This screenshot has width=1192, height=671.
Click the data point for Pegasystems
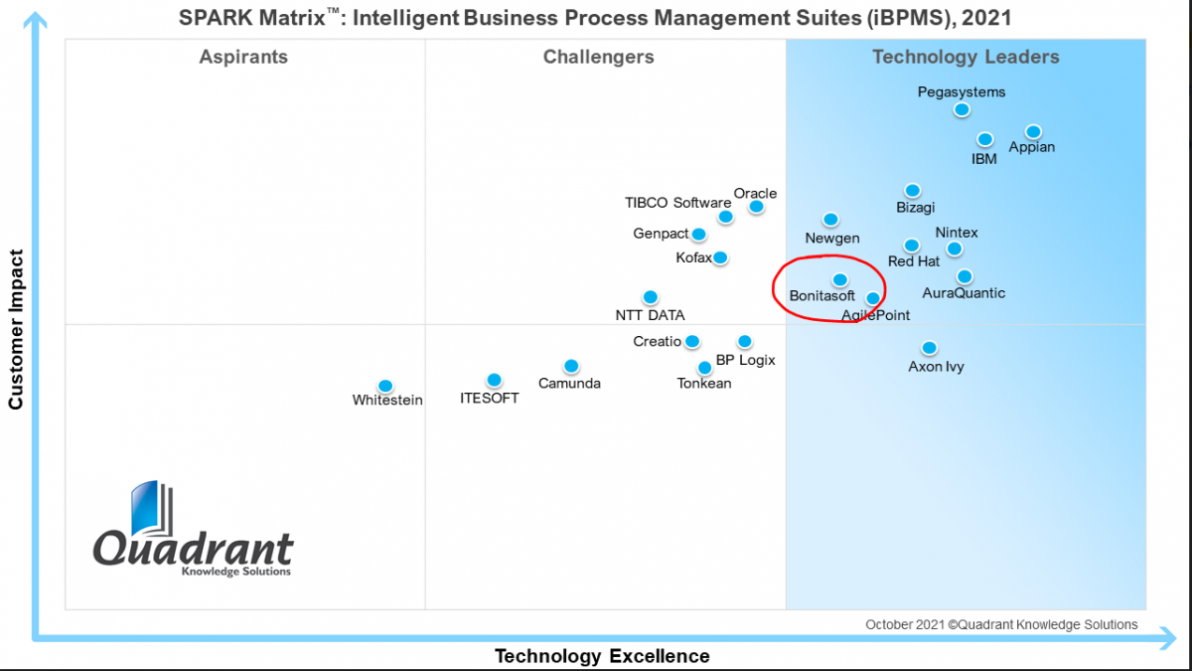click(x=962, y=109)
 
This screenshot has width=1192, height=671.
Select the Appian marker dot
click(x=1033, y=131)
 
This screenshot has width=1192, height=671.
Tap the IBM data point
click(x=985, y=139)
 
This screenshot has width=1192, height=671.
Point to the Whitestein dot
click(x=385, y=386)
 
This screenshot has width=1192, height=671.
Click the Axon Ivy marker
click(x=929, y=348)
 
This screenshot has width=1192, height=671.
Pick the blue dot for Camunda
click(x=571, y=366)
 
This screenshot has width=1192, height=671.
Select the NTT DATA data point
click(x=651, y=296)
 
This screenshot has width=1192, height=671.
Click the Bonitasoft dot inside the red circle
click(x=840, y=279)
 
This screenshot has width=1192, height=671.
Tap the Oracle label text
click(x=755, y=193)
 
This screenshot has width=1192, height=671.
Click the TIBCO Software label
click(x=677, y=203)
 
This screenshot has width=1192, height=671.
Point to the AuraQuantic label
click(x=964, y=293)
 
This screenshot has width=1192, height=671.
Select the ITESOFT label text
click(x=489, y=399)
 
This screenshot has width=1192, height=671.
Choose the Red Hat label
click(x=914, y=261)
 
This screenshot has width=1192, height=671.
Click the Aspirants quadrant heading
click(x=243, y=57)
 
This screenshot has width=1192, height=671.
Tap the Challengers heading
click(x=599, y=57)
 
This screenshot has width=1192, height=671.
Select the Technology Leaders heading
click(x=966, y=57)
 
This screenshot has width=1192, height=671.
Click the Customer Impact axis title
click(x=16, y=330)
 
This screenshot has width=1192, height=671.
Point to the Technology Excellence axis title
click(x=602, y=656)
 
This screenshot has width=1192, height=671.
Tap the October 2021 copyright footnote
click(x=1001, y=624)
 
